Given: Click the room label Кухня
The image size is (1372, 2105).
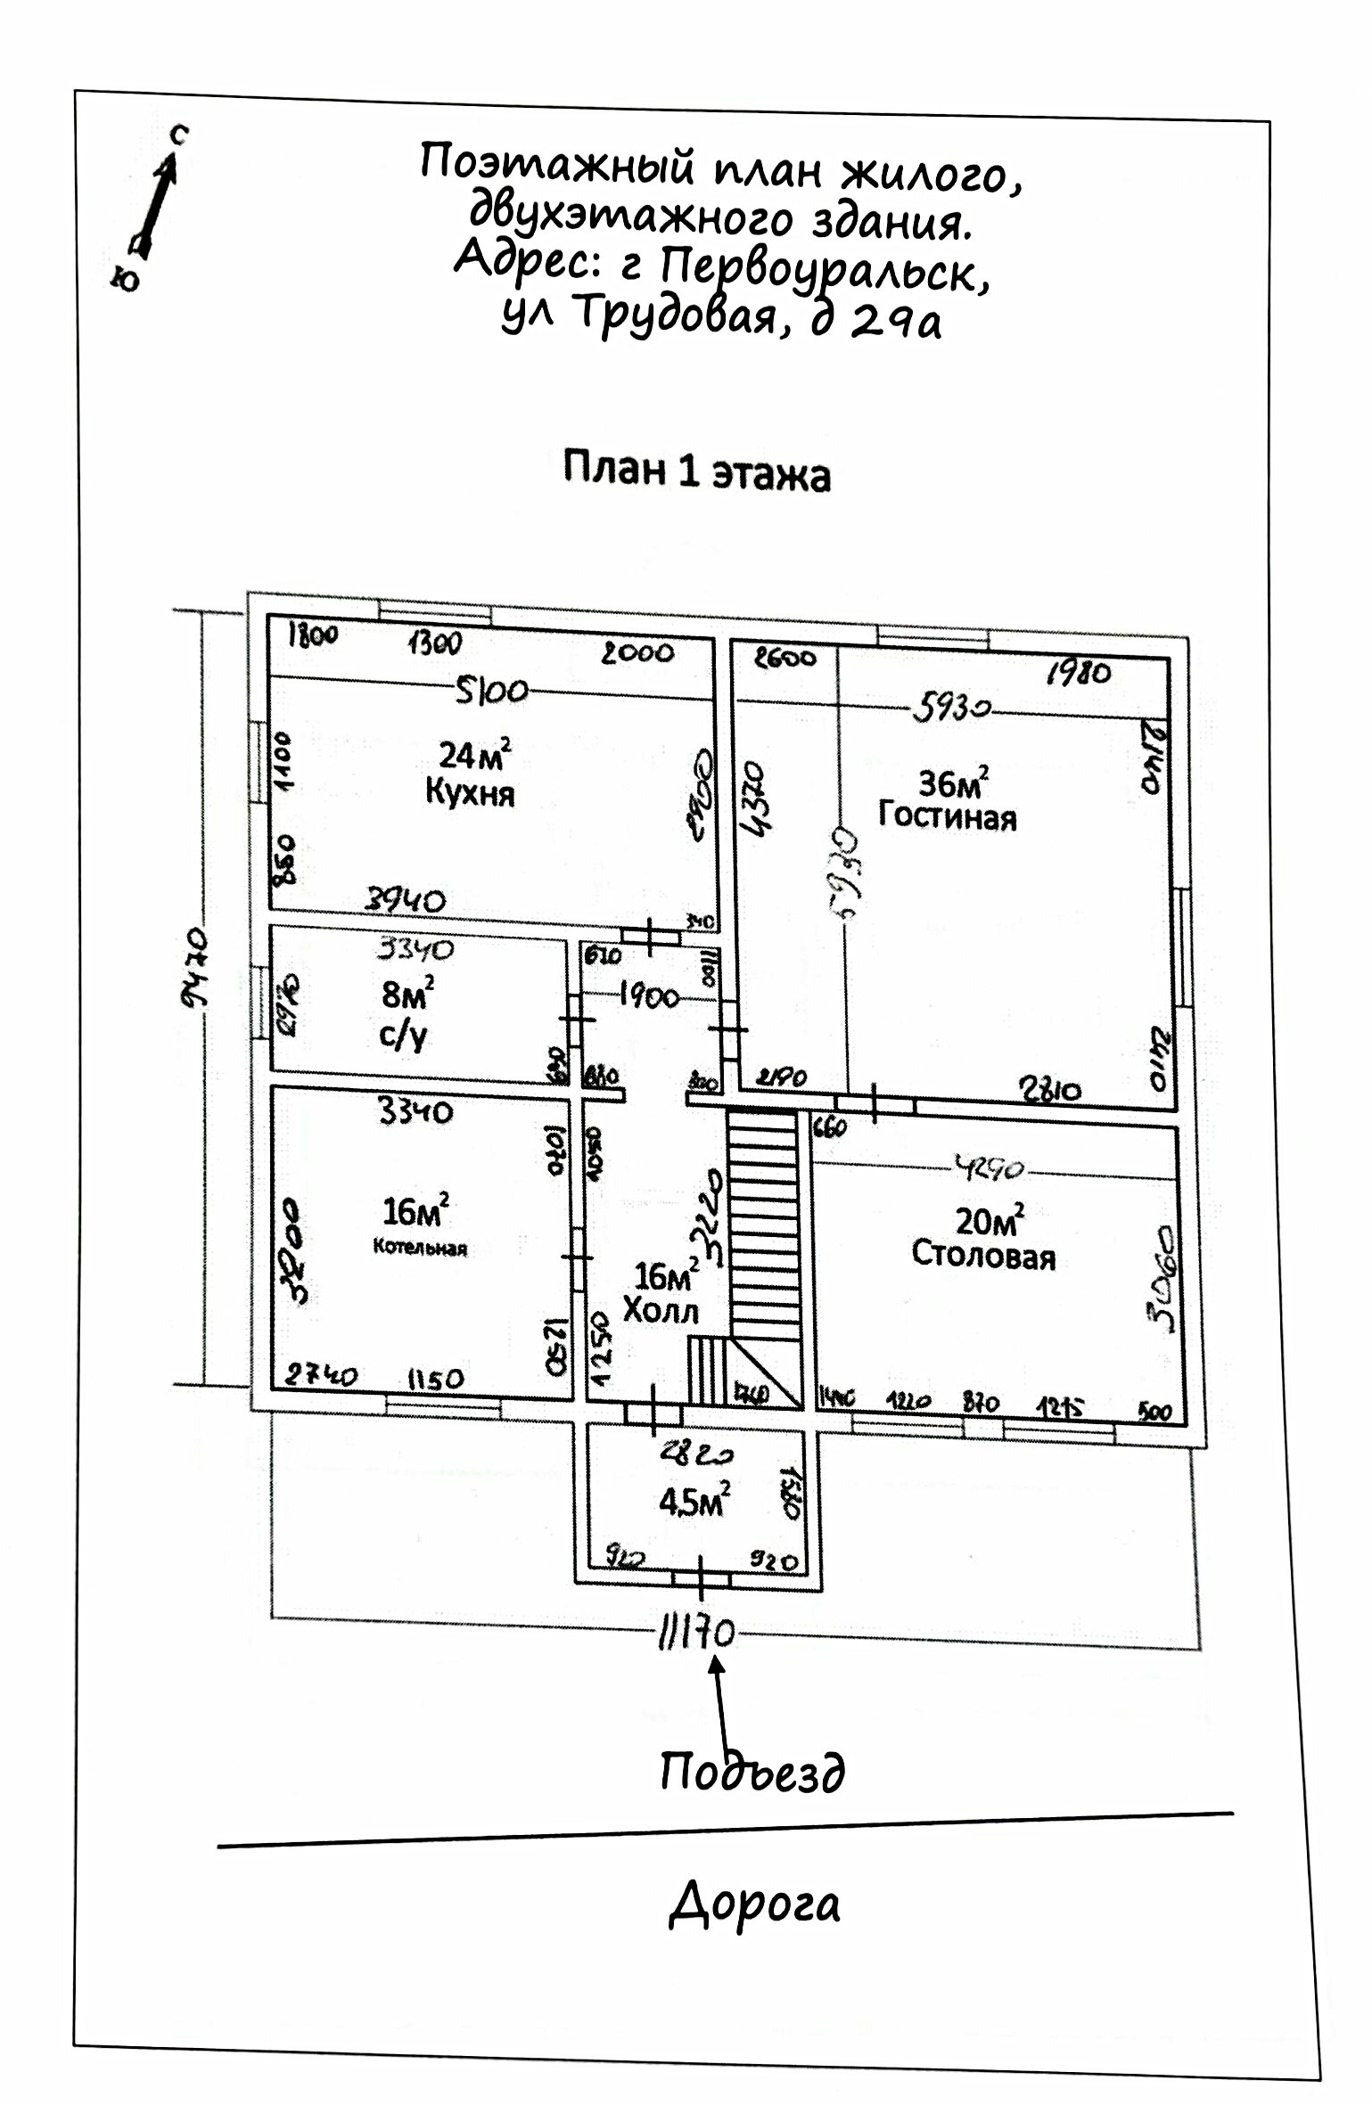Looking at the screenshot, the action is pos(470,792).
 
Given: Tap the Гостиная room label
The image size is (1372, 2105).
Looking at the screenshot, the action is pos(947,816).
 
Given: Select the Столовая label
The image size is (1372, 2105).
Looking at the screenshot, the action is pos(982,1257).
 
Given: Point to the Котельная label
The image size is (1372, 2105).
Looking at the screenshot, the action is pos(420,1248).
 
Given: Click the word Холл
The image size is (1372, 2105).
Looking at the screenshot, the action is pos(660,1311).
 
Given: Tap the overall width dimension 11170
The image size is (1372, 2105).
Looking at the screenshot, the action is pos(696,1634).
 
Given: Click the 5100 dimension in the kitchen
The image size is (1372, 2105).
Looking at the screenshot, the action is pos(490,691).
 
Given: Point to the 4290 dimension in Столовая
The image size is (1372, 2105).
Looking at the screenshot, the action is pos(990,1167).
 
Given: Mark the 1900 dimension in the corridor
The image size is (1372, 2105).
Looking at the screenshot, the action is pos(649,996).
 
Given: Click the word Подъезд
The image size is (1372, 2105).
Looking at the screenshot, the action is pos(752,1772).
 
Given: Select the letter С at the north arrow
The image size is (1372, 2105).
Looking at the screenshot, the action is pos(180,135).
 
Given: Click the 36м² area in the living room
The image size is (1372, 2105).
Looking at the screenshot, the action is pos(952,783).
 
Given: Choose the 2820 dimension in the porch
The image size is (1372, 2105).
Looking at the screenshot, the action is pos(696,1454).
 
